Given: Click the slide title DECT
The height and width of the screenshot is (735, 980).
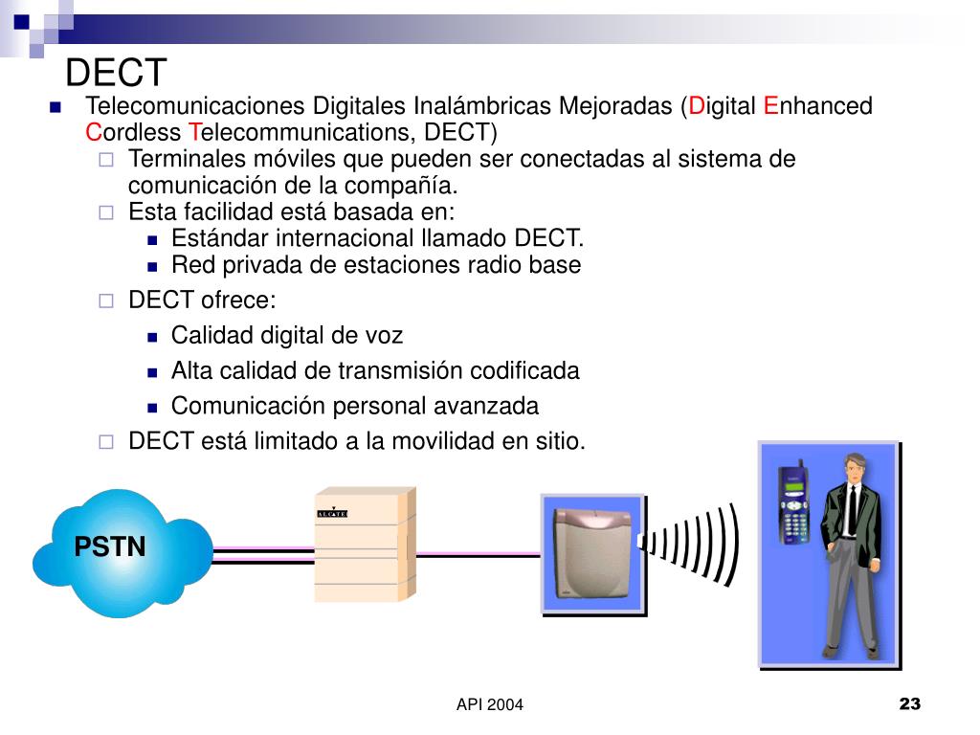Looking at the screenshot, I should point(116,72).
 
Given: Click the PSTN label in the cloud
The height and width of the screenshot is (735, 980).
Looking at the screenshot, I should point(110,547).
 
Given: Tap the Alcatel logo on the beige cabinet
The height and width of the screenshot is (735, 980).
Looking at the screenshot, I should point(331,514).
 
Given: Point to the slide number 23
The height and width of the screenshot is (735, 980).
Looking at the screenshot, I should point(909,705).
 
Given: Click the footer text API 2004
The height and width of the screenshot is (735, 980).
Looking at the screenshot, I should point(490,705).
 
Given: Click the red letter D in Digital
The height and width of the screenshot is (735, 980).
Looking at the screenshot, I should point(697,106).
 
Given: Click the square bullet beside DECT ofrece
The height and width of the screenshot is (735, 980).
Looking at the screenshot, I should point(107,301).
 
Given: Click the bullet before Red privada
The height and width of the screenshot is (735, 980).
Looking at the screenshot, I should point(153,266).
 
